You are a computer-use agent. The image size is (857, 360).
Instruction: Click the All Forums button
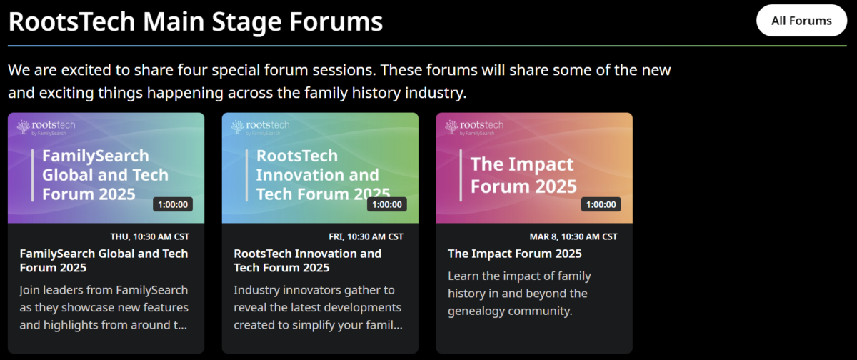pos(801,21)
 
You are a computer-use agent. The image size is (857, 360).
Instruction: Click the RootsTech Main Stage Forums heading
pos(196,21)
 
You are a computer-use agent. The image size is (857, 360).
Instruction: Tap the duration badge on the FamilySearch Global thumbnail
pos(173,205)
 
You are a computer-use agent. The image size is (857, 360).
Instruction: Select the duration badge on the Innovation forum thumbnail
pos(387,205)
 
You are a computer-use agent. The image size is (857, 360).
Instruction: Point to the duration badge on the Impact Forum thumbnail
pos(601,205)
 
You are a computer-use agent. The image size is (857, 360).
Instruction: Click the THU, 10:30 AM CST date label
pos(149,237)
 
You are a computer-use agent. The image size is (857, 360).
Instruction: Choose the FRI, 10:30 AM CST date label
pos(366,237)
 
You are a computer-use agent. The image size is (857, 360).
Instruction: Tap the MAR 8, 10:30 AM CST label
pos(573,237)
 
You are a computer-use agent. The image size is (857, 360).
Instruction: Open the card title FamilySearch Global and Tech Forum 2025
pos(104,261)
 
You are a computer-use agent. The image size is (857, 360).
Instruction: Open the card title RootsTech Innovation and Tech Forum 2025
pos(308,261)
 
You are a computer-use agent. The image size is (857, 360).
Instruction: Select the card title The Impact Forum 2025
pos(515,254)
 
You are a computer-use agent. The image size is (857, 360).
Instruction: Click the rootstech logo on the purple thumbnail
pos(46,127)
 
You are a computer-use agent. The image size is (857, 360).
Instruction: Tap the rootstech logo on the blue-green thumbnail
pos(260,127)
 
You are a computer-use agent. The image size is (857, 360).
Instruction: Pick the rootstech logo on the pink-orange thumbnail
pos(474,127)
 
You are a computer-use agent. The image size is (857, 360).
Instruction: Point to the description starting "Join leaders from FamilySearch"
pos(104,308)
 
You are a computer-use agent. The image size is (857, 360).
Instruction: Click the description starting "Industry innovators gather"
pos(318,308)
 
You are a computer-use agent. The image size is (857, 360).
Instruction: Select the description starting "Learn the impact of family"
pos(520,294)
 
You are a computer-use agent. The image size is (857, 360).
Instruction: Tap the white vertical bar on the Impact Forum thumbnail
pos(461,175)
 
